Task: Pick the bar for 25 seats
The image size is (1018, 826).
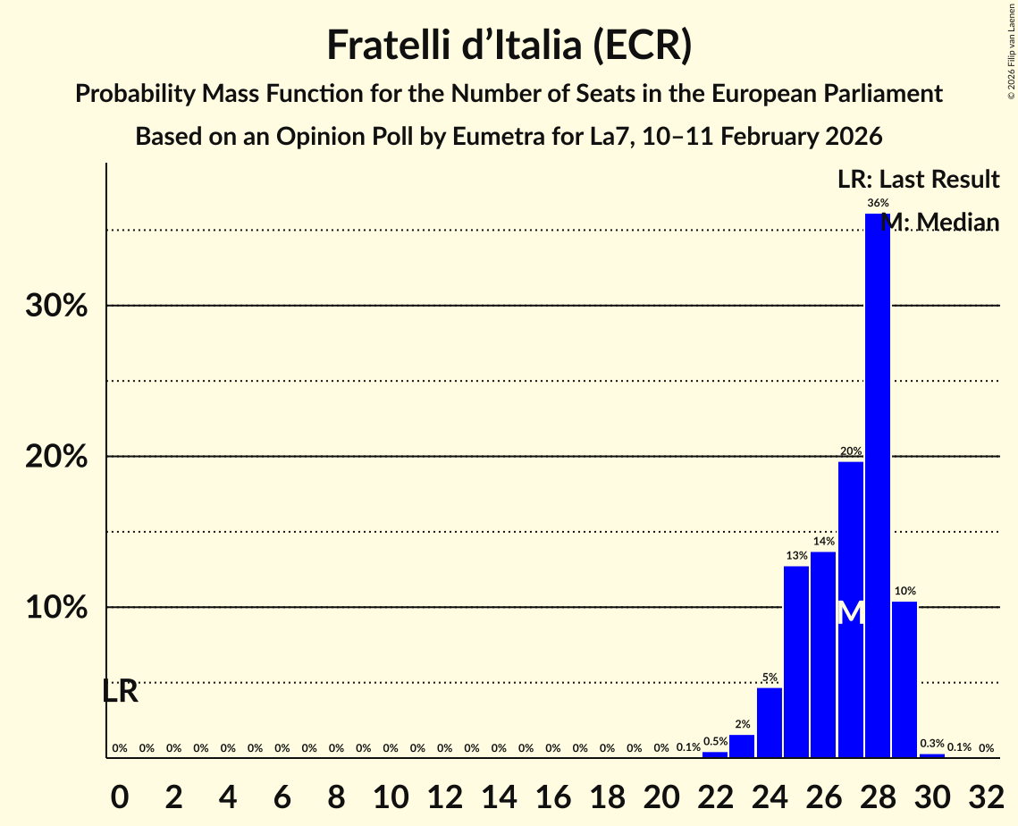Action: tap(796, 662)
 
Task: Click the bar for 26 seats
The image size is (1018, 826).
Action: tap(823, 654)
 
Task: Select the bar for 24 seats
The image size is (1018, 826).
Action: tap(769, 722)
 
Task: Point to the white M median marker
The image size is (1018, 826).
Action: tap(851, 613)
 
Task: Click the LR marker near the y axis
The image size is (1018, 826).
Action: tap(119, 691)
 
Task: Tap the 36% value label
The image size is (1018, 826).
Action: tap(878, 203)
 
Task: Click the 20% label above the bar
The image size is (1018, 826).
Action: tap(850, 451)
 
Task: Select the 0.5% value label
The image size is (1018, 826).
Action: tap(715, 741)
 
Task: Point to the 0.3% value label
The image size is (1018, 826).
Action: tap(932, 744)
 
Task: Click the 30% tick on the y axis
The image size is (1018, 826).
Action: tap(55, 307)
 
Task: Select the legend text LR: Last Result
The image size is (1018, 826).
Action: tap(918, 180)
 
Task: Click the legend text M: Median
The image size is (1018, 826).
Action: tap(939, 222)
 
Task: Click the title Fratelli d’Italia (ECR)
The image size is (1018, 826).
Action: tap(509, 45)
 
